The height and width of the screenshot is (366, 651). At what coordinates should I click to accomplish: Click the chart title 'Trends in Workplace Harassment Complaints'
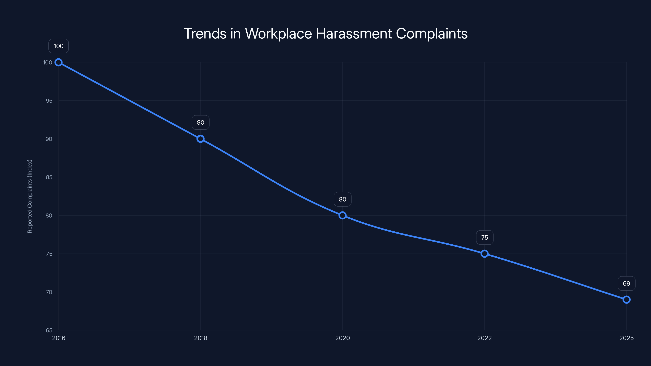tap(325, 33)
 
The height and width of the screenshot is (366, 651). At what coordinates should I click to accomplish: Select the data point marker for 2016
tap(59, 62)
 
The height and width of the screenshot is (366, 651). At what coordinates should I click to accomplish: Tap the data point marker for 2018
tap(200, 139)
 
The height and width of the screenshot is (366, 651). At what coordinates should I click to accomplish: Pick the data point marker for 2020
tap(342, 216)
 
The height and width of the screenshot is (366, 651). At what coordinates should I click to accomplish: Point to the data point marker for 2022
tap(484, 254)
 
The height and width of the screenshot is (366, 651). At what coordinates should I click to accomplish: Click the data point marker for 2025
tap(627, 300)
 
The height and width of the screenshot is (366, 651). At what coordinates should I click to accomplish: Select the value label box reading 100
tap(59, 46)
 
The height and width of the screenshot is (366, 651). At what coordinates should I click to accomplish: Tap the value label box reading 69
tap(627, 283)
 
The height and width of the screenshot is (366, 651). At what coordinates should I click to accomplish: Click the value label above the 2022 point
tap(484, 237)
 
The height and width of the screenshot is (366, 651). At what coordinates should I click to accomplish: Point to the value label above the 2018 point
tap(200, 122)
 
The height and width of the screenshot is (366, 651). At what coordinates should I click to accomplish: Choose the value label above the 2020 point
tap(342, 199)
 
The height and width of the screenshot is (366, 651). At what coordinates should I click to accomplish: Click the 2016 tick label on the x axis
tap(59, 338)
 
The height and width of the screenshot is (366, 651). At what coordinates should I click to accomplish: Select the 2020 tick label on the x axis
tap(342, 338)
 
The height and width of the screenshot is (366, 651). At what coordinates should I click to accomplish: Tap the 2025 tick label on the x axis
tap(627, 338)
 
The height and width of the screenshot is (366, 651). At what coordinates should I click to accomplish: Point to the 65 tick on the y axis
tap(49, 330)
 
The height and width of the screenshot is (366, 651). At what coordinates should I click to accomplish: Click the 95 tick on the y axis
tap(49, 101)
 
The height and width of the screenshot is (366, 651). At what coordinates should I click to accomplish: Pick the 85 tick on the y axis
tap(49, 177)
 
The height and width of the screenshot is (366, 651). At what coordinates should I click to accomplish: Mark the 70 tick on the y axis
tap(49, 292)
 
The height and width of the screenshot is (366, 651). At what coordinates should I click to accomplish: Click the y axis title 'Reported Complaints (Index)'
tap(30, 196)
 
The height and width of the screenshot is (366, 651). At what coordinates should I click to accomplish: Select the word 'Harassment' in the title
tap(354, 33)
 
